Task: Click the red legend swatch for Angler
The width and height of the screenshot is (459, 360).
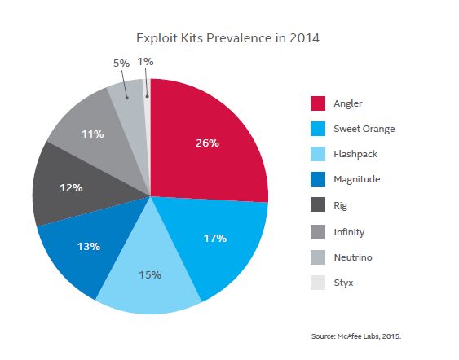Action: [x=319, y=103]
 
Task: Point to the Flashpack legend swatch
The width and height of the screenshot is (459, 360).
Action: [x=319, y=155]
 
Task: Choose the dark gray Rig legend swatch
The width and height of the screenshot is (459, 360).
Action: [x=319, y=206]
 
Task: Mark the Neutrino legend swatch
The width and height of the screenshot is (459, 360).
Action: [x=319, y=257]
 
